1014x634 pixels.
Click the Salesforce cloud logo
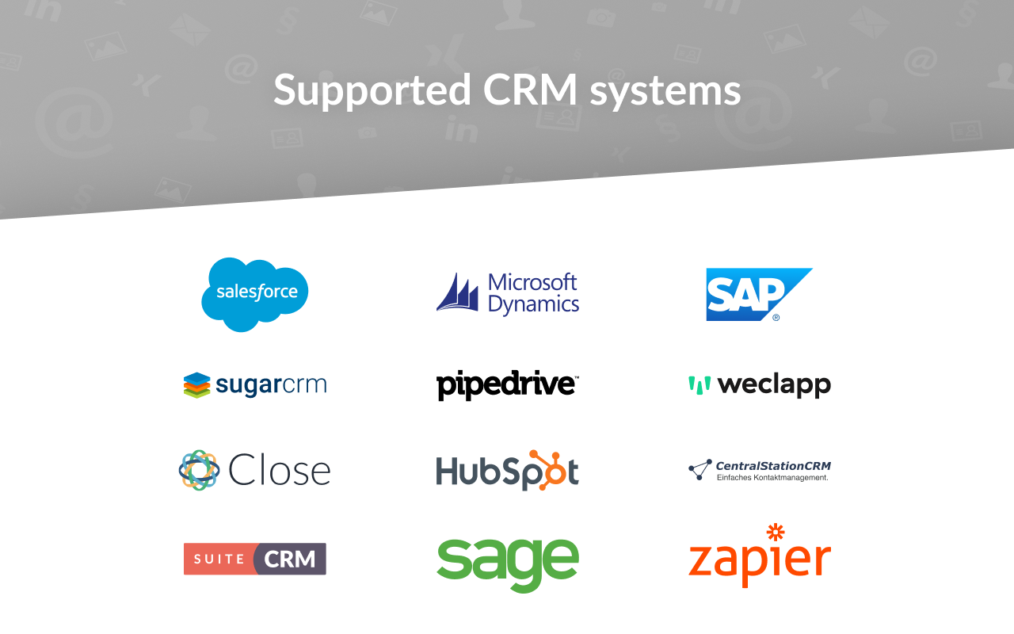254,293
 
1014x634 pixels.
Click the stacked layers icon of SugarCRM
196,385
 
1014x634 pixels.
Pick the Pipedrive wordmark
507,385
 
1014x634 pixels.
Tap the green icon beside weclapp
700,385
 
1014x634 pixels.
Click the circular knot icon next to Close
199,470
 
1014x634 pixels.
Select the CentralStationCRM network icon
700,469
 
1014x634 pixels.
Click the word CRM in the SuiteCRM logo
290,559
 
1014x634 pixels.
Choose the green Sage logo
507,563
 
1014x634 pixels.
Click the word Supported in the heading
372,90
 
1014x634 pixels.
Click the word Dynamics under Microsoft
533,304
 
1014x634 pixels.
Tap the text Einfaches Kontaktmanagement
772,477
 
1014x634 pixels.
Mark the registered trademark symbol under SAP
776,317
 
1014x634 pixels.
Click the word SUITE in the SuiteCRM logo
219,559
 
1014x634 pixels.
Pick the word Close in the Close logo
279,471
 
